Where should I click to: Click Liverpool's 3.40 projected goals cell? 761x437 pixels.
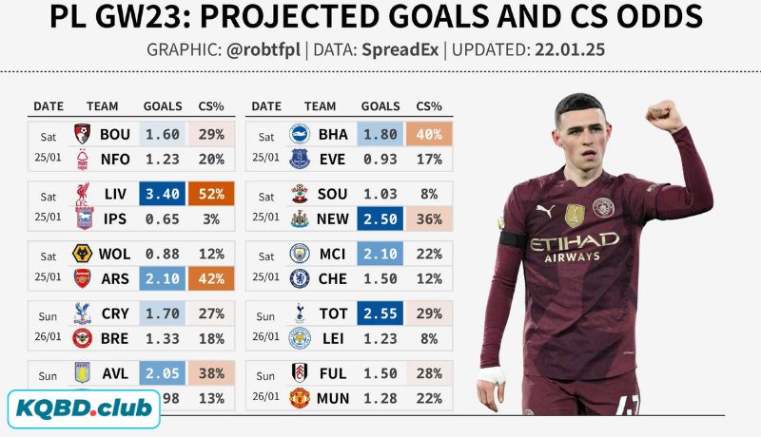click(162, 195)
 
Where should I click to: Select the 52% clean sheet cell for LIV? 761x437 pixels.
click(212, 195)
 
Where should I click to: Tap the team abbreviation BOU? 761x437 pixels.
click(115, 135)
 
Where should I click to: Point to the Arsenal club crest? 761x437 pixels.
click(83, 277)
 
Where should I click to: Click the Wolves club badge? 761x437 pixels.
click(83, 254)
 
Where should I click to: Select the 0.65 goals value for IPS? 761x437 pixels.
click(162, 218)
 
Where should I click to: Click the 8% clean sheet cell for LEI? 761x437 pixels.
click(429, 338)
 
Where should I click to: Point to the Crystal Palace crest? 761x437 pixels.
click(83, 313)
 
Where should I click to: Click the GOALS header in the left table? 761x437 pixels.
click(163, 106)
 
